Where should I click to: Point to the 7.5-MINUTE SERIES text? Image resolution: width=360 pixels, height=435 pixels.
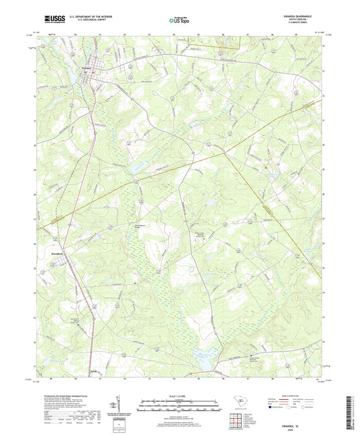click(293, 27)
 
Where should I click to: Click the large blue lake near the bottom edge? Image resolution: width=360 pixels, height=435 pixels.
click(203, 353)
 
